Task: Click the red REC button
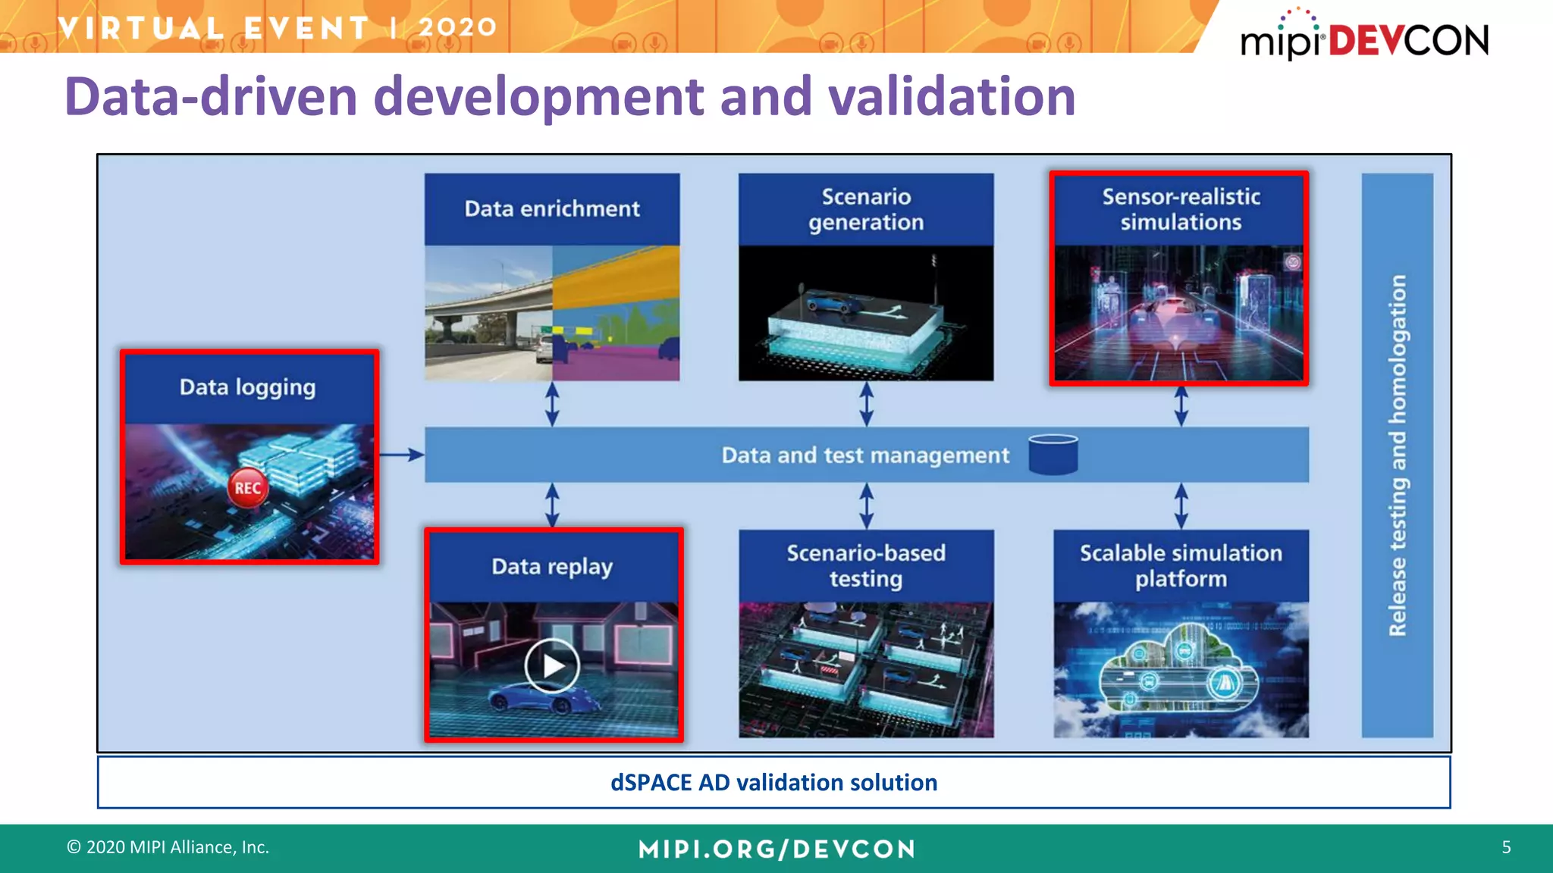247,487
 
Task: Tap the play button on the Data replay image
552,666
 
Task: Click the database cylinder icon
1053,455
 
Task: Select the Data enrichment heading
552,208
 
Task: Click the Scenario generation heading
866,209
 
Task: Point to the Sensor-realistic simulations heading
1181,209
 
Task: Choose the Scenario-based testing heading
866,565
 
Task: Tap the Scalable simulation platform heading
1181,565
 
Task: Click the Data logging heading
247,387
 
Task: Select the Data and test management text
865,455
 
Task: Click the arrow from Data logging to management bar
401,455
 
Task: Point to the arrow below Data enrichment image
552,403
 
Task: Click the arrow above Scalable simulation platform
1181,505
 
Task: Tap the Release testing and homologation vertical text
1398,455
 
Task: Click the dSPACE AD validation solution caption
773,782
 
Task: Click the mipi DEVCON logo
1364,38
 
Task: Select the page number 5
1506,847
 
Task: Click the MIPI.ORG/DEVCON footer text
776,849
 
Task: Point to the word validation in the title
951,97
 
